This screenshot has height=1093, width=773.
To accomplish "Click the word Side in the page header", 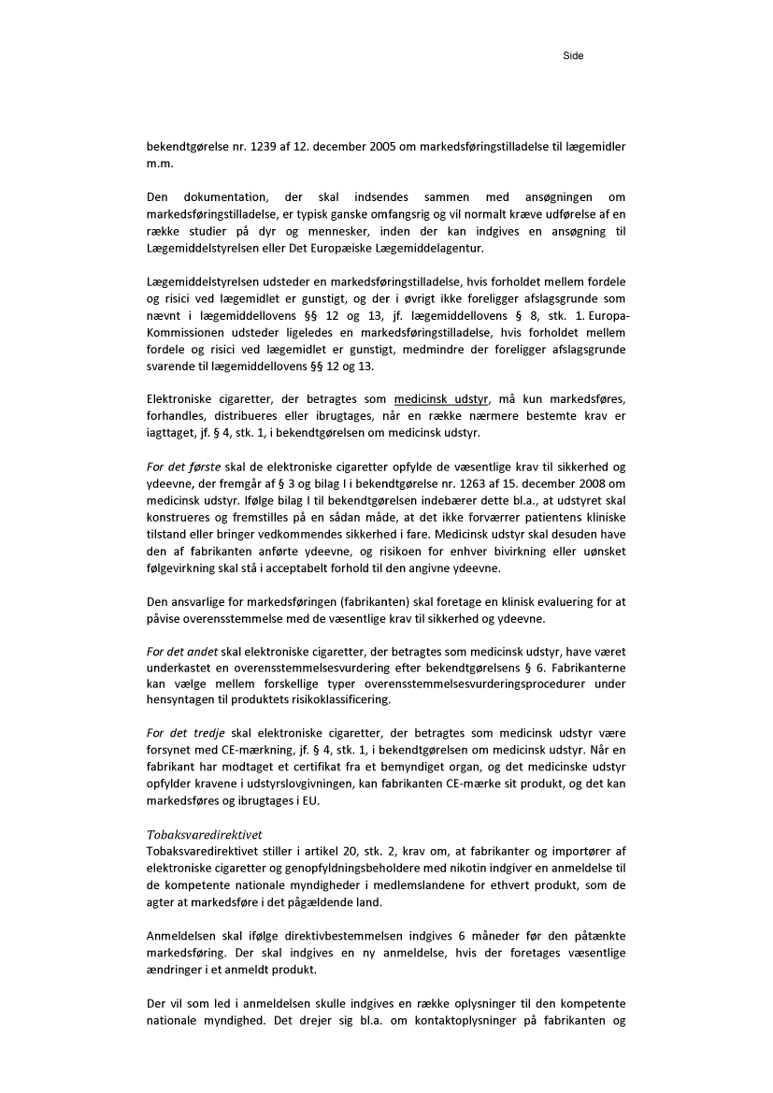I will pyautogui.click(x=573, y=56).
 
